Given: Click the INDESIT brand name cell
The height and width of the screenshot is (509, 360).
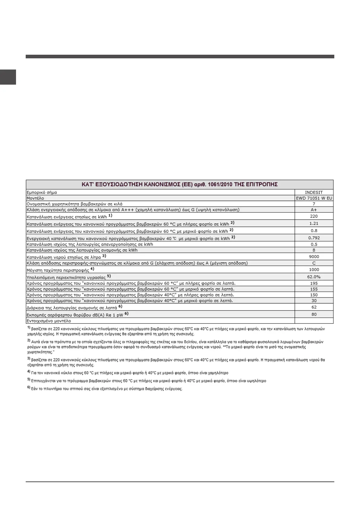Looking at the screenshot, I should (x=314, y=192).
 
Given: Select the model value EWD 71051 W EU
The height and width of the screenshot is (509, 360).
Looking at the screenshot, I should (x=314, y=198).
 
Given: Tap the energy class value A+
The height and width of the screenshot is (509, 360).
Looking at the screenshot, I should (x=314, y=210).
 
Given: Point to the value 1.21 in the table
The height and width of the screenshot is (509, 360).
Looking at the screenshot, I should (x=314, y=223).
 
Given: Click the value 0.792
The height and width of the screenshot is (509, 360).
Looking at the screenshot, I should (x=314, y=238).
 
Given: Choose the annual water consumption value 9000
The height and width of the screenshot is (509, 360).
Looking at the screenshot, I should (x=314, y=257).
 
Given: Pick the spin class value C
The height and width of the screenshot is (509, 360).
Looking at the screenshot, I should (x=314, y=263).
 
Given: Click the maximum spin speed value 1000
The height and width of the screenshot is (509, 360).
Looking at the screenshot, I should (x=314, y=270).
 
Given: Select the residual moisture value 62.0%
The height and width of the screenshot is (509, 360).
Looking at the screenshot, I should (x=314, y=277).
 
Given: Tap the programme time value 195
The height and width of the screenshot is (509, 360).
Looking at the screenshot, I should (x=314, y=284).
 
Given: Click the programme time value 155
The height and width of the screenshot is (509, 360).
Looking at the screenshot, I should (x=314, y=289).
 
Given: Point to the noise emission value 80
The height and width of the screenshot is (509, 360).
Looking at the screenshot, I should (x=314, y=314).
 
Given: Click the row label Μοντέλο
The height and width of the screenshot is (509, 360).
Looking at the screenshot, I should (x=35, y=198).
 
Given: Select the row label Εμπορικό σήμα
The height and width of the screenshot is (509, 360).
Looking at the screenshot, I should (x=42, y=193).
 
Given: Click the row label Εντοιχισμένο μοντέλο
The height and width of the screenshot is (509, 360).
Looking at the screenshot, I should (x=49, y=321).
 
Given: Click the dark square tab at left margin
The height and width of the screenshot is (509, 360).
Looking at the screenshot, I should (x=8, y=77).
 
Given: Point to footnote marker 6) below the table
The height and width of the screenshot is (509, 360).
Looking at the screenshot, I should (x=29, y=388).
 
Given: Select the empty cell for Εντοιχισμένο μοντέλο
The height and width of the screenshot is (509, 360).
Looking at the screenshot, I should (x=314, y=321).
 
